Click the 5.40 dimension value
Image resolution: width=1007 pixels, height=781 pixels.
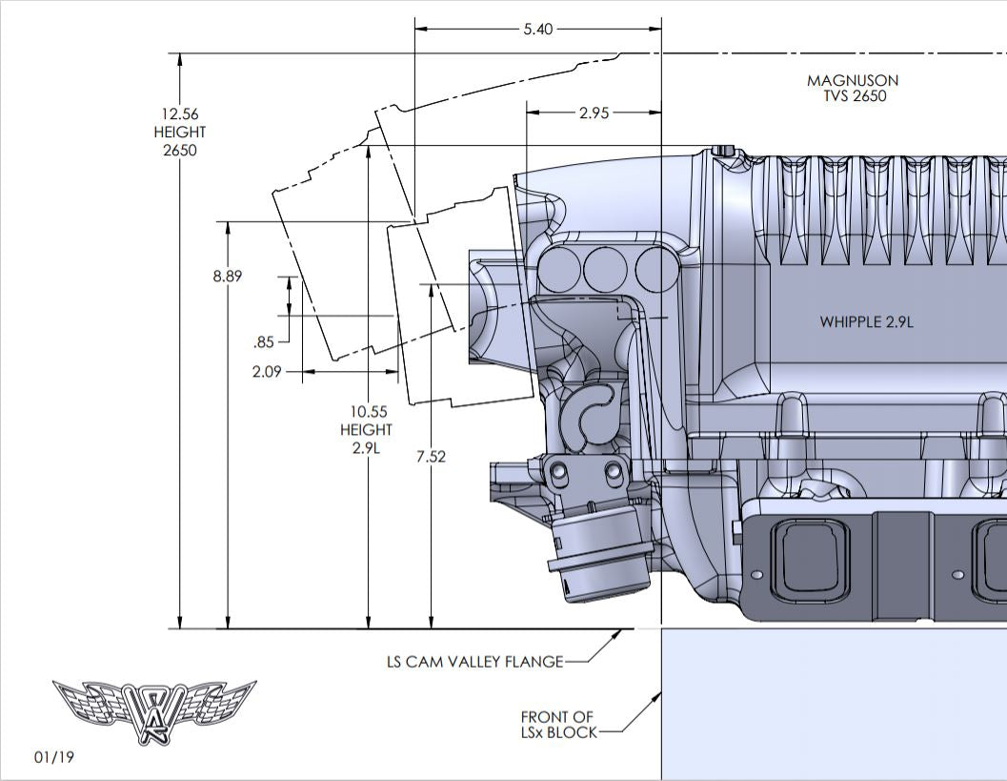click(x=537, y=29)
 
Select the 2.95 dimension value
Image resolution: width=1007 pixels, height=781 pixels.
click(x=594, y=113)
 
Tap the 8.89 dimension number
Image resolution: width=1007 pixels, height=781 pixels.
click(x=228, y=276)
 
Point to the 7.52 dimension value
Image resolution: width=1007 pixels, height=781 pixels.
click(x=431, y=457)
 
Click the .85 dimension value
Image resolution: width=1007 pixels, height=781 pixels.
click(x=264, y=342)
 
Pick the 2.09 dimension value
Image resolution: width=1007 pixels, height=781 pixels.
click(x=267, y=372)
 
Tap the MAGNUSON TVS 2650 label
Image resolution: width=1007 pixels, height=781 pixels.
click(x=853, y=89)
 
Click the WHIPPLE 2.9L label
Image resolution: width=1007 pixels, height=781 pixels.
click(x=866, y=322)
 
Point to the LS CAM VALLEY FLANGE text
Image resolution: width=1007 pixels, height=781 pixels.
click(x=474, y=661)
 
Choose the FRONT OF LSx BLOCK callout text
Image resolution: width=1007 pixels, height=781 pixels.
click(x=558, y=725)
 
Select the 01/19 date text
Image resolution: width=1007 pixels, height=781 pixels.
click(x=53, y=757)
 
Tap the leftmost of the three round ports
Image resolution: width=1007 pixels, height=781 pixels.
click(x=561, y=269)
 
